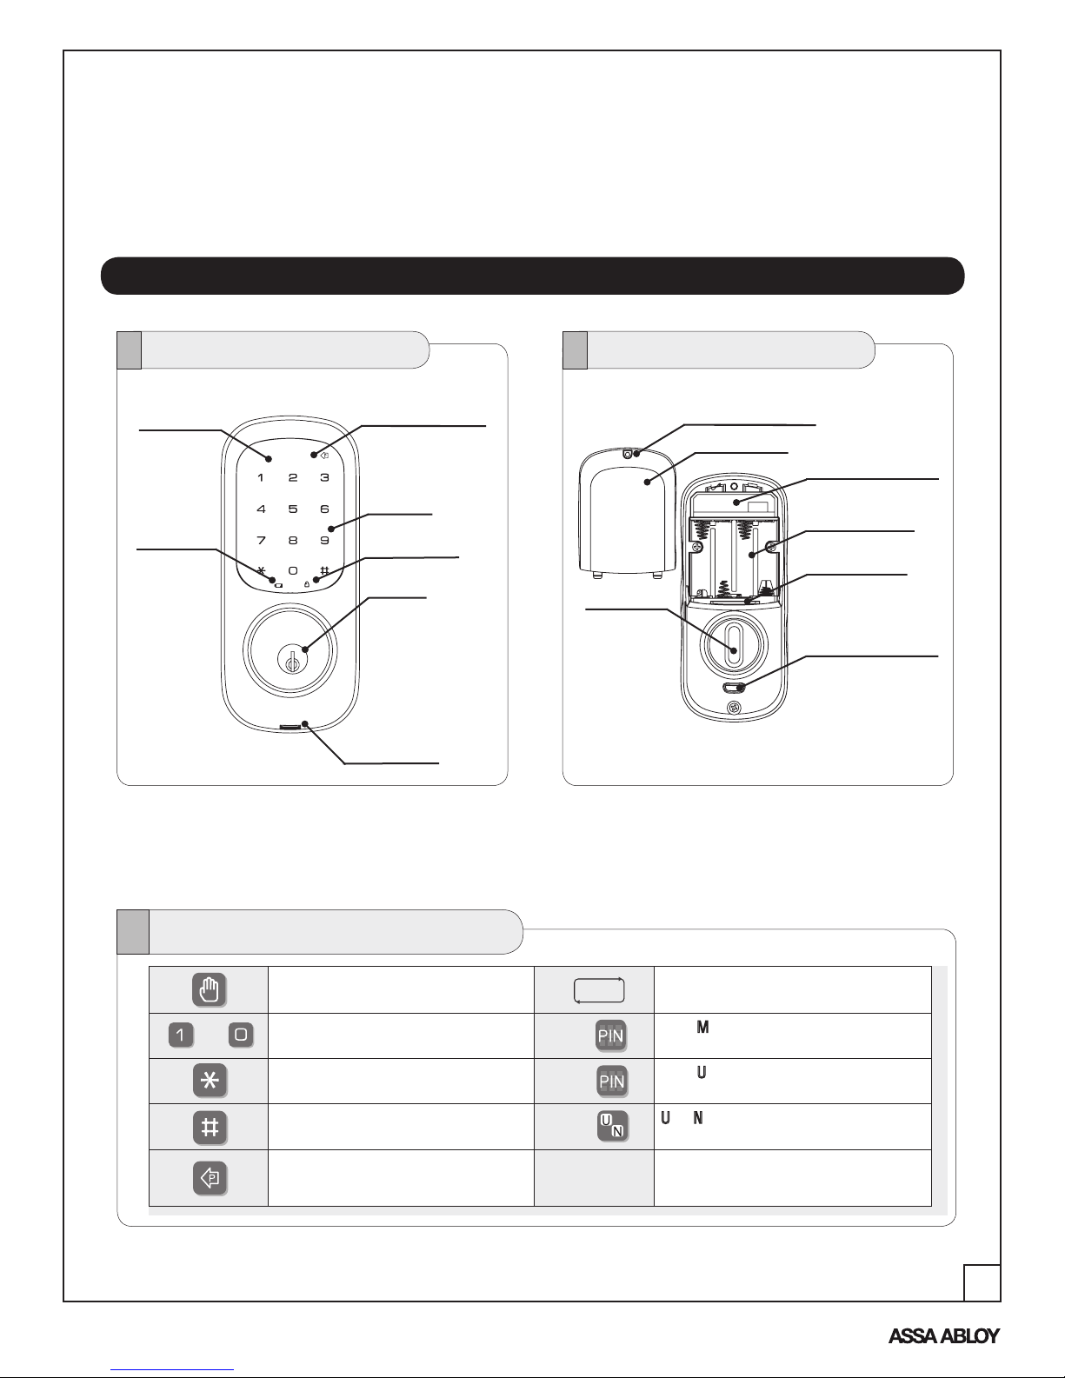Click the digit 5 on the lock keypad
click(x=293, y=509)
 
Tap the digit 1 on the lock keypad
click(x=261, y=477)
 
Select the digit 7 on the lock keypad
click(x=261, y=540)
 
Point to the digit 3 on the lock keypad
click(x=324, y=477)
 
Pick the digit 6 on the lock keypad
click(x=324, y=509)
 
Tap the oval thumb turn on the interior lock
click(x=734, y=645)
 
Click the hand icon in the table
click(x=210, y=990)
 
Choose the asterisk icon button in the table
click(x=210, y=1081)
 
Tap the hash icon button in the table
click(x=210, y=1127)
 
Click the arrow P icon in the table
click(x=210, y=1178)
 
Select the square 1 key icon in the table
click(x=181, y=1035)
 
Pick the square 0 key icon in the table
click(x=241, y=1035)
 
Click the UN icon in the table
click(x=612, y=1126)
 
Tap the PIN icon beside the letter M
click(x=611, y=1035)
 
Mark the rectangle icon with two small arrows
click(x=599, y=990)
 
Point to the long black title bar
click(x=532, y=276)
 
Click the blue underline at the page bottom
click(x=172, y=1370)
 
